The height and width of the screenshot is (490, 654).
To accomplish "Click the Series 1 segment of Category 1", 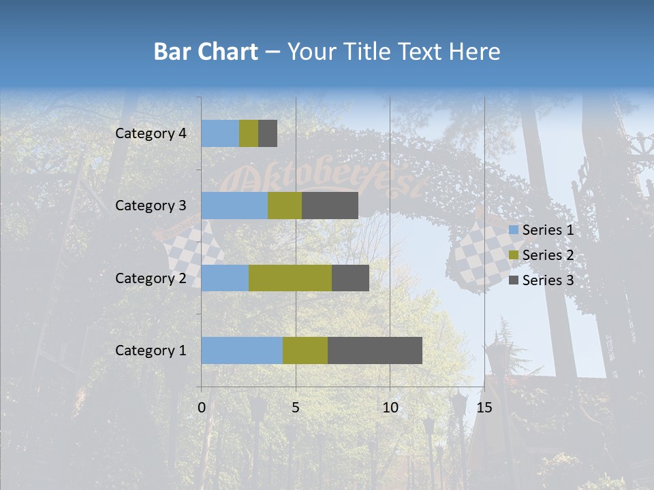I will pos(242,350).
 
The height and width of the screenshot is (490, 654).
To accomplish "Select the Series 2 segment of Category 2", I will pos(290,278).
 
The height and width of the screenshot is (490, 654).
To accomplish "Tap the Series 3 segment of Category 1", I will pos(375,350).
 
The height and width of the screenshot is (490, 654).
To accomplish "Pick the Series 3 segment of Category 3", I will pos(330,206).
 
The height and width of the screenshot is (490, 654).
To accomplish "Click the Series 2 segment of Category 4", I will pos(249,133).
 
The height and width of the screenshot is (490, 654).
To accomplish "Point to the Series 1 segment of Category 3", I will pos(234,206).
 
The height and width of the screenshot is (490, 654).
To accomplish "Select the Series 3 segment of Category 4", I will pos(268,133).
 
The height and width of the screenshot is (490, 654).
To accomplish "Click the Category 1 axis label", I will pos(151,350).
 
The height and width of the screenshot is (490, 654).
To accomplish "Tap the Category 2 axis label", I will pos(151,278).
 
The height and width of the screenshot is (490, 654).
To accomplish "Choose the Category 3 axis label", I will pos(151,206).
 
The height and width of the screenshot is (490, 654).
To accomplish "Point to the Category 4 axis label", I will pos(151,133).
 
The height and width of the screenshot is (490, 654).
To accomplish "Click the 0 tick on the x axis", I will pos(202,408).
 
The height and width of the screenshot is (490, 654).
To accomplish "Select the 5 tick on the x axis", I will pos(296,408).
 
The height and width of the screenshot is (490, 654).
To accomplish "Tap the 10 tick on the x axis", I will pos(390,408).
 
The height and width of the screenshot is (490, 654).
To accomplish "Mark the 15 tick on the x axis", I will pos(484,408).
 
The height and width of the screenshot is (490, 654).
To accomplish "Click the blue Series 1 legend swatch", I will pos(513,230).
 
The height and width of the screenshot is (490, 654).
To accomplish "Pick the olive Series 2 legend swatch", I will pos(513,255).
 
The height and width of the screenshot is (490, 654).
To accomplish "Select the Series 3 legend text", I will pos(548,280).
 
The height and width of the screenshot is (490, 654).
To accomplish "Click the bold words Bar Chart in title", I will pos(206,52).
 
